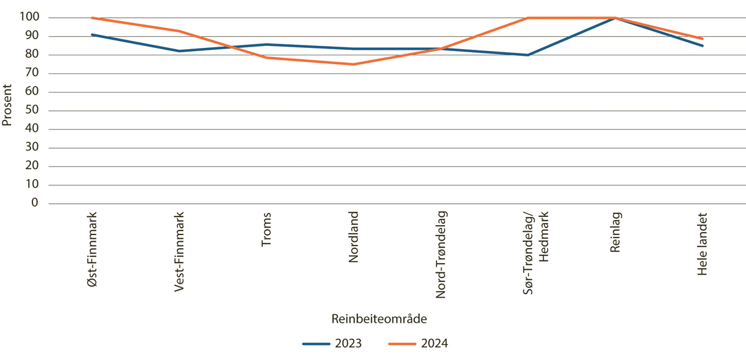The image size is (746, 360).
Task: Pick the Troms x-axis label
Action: point(267,230)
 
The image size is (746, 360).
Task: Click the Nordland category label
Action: point(354,237)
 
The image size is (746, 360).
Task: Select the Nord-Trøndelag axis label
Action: point(441,255)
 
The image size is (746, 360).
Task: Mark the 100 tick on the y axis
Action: point(30,18)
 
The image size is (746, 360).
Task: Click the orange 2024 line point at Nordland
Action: point(354,64)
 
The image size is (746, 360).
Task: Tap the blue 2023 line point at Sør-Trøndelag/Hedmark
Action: point(528,55)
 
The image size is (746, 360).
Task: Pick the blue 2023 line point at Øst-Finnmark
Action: point(93,35)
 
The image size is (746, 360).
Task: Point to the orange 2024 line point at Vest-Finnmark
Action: point(180,31)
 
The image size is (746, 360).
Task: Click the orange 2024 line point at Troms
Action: point(267,58)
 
